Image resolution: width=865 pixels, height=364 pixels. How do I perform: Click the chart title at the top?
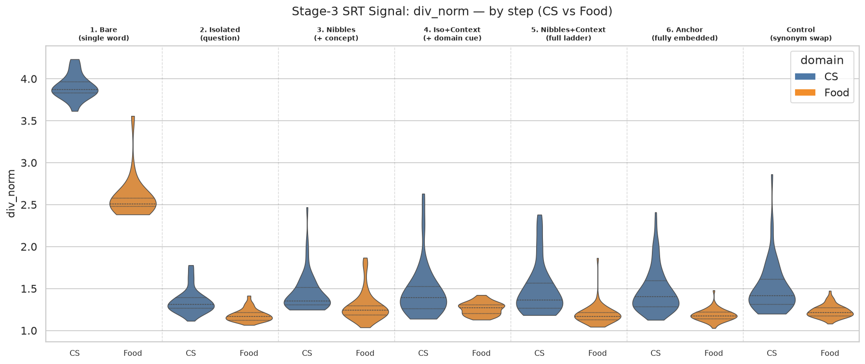(x=452, y=11)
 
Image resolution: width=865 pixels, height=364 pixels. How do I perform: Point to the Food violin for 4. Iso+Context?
(x=481, y=308)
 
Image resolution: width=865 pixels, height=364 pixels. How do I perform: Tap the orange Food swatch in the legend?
(x=805, y=93)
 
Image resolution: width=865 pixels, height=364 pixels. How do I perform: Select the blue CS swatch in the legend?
(x=805, y=76)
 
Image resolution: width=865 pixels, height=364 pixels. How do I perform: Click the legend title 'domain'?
(x=822, y=60)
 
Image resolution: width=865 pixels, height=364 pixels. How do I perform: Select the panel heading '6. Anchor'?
(x=685, y=30)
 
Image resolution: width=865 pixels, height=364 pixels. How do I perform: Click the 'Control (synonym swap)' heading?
(x=801, y=34)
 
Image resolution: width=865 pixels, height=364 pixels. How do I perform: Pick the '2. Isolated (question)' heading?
(x=220, y=34)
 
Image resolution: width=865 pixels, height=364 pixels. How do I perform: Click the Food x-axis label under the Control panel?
(x=830, y=353)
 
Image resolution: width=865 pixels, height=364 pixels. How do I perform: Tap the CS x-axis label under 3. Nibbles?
(x=307, y=353)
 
